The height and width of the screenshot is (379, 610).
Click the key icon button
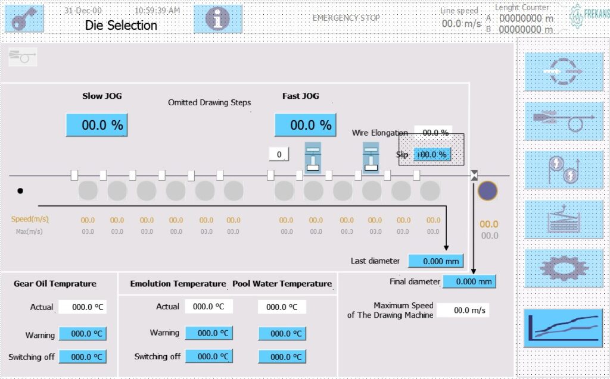(x=24, y=18)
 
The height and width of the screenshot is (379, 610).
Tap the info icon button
(x=217, y=18)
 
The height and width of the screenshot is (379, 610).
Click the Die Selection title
(x=121, y=25)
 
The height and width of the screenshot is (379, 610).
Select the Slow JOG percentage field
(x=96, y=125)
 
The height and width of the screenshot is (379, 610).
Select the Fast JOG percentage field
(x=305, y=125)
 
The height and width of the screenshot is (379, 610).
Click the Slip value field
(x=432, y=155)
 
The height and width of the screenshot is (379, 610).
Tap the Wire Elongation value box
(x=433, y=133)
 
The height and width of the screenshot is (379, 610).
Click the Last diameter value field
(x=435, y=261)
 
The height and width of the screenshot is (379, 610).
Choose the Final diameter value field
(x=469, y=281)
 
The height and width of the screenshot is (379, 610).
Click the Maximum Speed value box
(x=462, y=310)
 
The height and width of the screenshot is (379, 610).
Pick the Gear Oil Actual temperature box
(x=82, y=307)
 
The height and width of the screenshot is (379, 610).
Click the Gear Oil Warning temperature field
(x=82, y=334)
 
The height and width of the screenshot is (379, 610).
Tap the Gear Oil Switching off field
(x=82, y=356)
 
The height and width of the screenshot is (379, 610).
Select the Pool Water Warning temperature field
(x=282, y=333)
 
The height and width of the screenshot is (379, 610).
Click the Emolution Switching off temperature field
(x=208, y=356)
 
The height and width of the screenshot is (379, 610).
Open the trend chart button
(x=563, y=328)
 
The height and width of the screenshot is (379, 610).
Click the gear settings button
(x=563, y=268)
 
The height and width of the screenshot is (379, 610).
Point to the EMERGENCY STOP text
(x=346, y=18)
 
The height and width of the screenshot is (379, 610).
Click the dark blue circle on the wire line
(x=487, y=190)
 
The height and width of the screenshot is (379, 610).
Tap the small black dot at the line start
(x=20, y=191)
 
